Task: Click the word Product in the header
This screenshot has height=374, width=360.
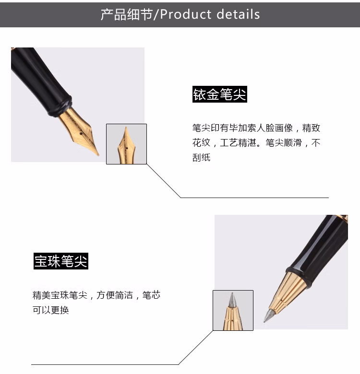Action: click(x=185, y=14)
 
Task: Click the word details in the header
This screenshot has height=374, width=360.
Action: click(x=238, y=14)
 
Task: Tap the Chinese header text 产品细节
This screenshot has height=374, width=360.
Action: click(x=127, y=14)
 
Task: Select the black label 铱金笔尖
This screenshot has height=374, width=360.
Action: click(x=220, y=94)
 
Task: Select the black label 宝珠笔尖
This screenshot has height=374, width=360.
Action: click(x=61, y=261)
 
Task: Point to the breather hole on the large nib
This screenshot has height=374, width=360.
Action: click(x=81, y=134)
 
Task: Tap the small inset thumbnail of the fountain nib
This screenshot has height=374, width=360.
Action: click(x=126, y=144)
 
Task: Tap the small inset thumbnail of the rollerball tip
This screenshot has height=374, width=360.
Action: click(x=233, y=310)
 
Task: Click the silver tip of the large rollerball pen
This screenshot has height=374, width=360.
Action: click(x=268, y=316)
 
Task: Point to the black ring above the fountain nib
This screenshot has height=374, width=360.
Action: click(x=60, y=106)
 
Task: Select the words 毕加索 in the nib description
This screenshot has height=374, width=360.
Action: click(x=242, y=128)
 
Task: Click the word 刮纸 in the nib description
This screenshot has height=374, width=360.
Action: click(x=201, y=157)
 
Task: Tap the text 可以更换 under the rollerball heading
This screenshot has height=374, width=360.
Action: click(x=50, y=310)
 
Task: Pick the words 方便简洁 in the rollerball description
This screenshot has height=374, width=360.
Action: click(x=115, y=295)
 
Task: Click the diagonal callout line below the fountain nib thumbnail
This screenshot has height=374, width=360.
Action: click(x=164, y=181)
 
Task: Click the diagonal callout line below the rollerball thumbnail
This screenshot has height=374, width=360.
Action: click(x=196, y=347)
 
